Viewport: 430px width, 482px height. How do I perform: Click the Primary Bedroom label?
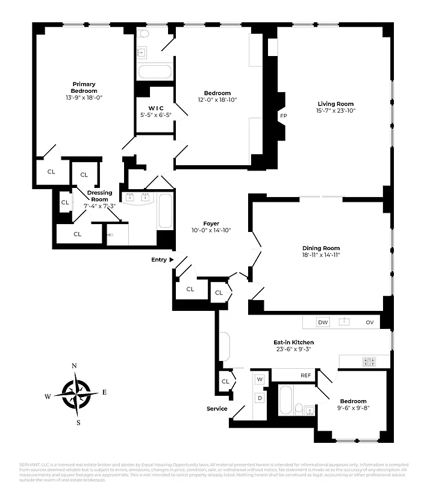84,87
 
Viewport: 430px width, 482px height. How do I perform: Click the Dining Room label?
321,248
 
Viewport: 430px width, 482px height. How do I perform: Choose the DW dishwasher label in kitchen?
323,322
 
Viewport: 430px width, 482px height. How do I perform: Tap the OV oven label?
369,322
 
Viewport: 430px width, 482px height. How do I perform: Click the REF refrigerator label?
305,375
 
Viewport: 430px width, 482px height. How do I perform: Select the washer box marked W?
260,380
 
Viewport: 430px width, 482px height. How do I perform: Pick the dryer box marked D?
260,398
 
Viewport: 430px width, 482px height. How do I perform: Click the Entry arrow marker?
172,260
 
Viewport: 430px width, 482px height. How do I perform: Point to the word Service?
217,408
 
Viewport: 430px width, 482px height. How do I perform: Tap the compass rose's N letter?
74,366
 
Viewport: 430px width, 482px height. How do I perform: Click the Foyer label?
211,224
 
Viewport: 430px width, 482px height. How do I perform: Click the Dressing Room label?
99,196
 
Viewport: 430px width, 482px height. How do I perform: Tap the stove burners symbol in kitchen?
368,361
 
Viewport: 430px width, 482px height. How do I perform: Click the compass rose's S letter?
78,422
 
